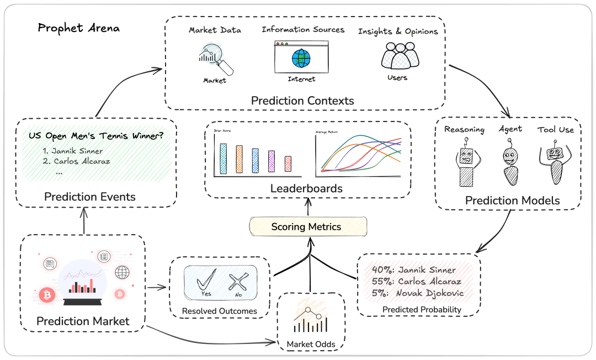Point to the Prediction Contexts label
(x=302, y=101)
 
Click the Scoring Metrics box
(x=308, y=226)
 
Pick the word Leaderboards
(x=306, y=189)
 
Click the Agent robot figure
(x=511, y=164)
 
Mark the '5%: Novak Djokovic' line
(x=413, y=293)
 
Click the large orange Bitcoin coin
(x=47, y=296)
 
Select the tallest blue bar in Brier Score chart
(x=223, y=159)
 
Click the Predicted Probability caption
(x=422, y=310)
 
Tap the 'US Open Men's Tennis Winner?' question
(x=95, y=135)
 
